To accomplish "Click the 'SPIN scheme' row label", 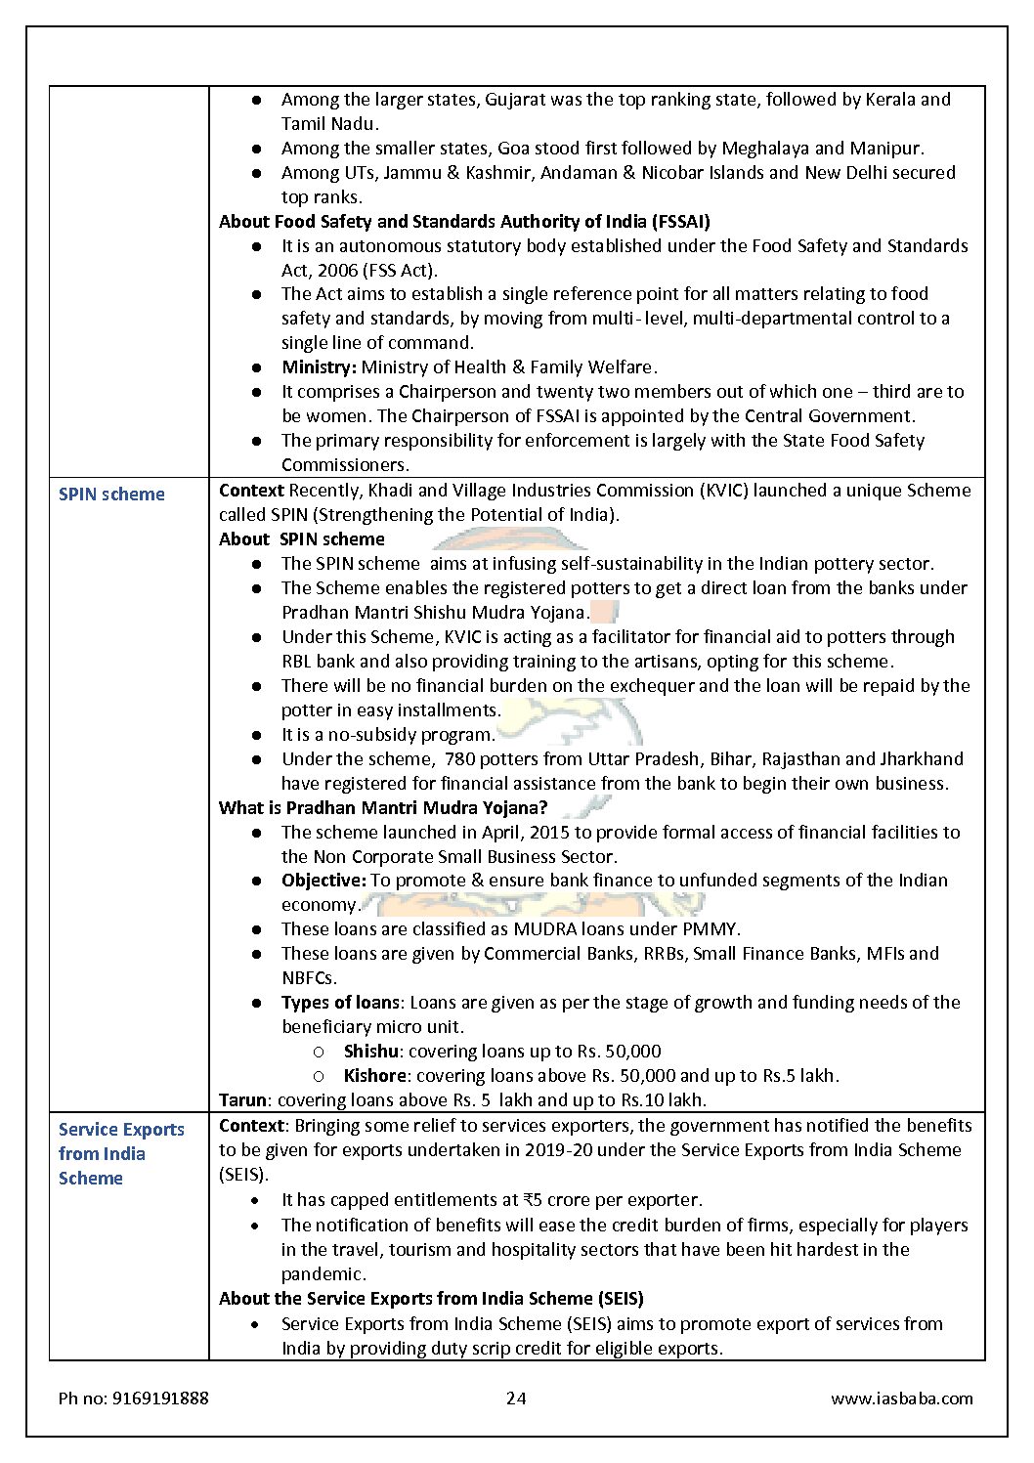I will (x=111, y=495).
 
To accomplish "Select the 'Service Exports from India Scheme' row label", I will (x=120, y=1153).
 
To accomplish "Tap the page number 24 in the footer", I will (x=516, y=1398).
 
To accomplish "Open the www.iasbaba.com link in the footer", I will (x=901, y=1398).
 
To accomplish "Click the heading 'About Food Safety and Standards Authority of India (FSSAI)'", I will (x=464, y=221).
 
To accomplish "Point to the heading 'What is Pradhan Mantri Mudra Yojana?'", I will (x=383, y=807).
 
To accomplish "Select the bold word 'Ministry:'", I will (x=319, y=367).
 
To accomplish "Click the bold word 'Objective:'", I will (x=323, y=881).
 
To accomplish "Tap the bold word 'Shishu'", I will (x=370, y=1052).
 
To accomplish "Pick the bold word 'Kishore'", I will (x=374, y=1076).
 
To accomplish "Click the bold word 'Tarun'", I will (x=242, y=1100).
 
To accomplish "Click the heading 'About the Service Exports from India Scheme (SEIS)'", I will (x=431, y=1299).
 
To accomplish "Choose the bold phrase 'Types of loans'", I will (x=340, y=1003).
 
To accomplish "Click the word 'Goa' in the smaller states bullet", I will (x=515, y=149).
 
